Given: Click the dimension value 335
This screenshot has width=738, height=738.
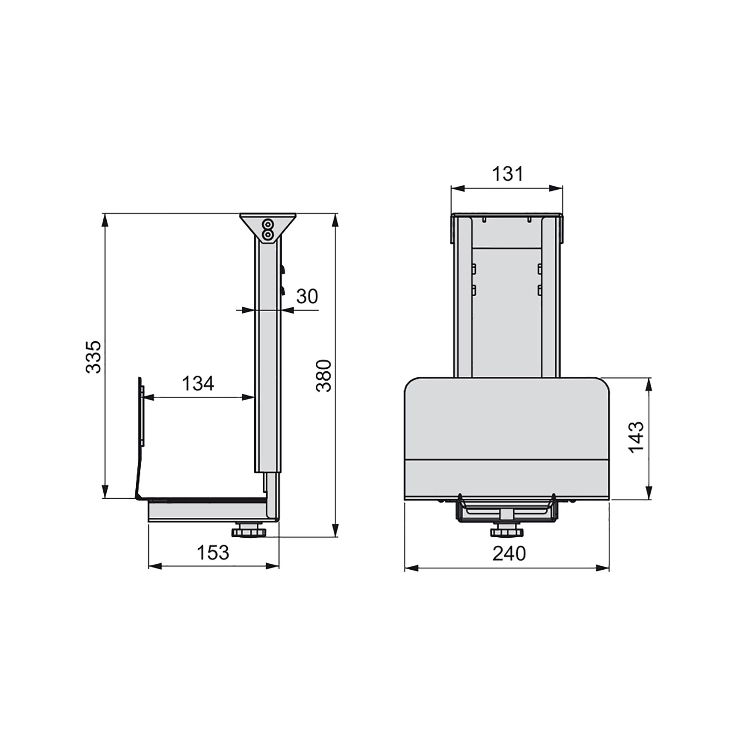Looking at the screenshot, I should (x=93, y=357).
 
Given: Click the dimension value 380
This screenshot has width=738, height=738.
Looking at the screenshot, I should (x=324, y=376).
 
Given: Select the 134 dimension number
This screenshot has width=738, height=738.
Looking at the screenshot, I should (x=198, y=383).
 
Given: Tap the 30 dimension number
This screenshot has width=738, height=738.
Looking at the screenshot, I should (x=307, y=296).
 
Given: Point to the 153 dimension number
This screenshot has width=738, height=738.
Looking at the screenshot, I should (x=213, y=553).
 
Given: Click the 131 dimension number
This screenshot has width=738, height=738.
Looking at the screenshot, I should (x=507, y=174).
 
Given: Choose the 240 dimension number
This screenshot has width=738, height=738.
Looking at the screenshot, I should (x=509, y=553).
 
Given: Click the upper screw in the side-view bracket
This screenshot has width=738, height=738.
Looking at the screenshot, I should (x=269, y=224).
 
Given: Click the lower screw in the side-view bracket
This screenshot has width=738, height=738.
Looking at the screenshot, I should (x=269, y=234).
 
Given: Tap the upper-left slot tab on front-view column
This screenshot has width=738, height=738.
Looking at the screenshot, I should (x=474, y=269).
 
